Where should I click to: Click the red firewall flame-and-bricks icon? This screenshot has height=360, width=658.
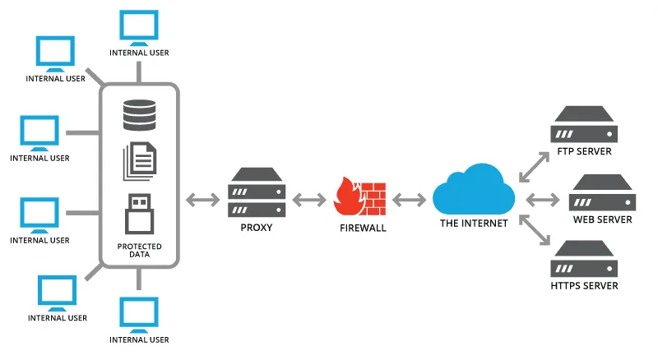359,196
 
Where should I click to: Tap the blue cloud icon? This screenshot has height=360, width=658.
474,190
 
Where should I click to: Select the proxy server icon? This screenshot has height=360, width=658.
257,192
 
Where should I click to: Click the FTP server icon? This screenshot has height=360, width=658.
584,124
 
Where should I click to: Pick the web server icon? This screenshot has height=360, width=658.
602,192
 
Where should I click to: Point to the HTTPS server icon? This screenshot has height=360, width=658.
584,258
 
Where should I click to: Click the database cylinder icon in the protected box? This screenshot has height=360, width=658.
139,115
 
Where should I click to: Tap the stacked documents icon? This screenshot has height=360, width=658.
140,162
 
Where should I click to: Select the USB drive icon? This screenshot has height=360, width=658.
139,214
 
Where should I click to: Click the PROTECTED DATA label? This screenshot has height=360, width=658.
139,250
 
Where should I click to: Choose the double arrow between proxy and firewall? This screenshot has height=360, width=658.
309,200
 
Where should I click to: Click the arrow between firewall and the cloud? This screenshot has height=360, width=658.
409,200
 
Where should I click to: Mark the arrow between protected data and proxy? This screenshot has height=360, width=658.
202,200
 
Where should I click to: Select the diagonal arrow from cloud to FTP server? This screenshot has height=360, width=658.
534,167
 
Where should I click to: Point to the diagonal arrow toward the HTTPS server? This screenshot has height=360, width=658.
534,230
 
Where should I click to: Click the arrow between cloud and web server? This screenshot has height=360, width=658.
543,200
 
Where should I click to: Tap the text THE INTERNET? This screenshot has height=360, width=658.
474,224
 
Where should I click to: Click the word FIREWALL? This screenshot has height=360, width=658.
363,228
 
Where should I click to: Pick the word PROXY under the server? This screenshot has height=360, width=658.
257,228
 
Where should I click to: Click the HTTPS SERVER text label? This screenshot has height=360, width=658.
584,286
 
